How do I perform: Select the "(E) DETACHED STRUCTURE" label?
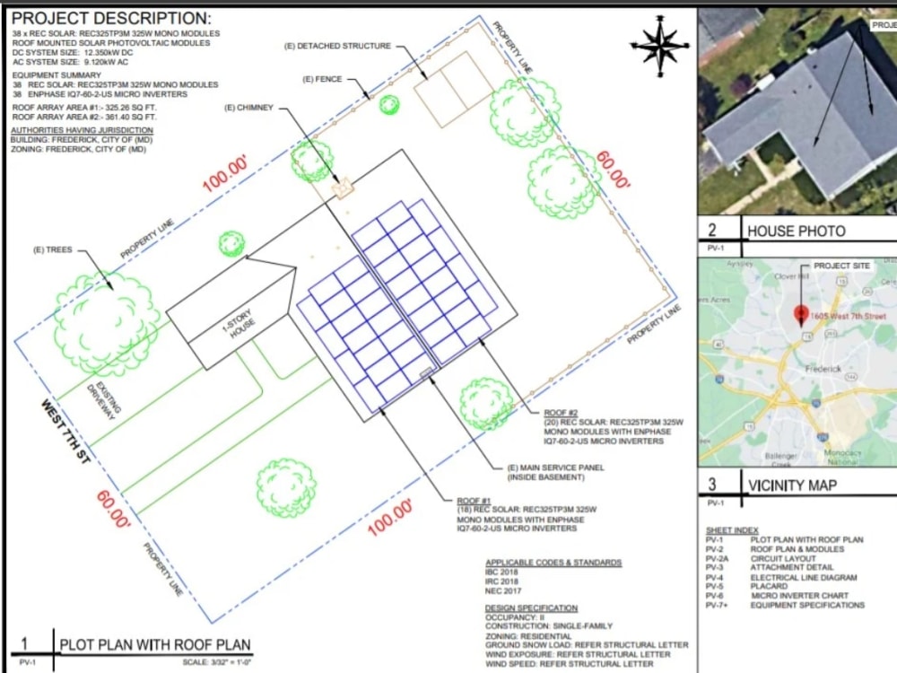(338, 46)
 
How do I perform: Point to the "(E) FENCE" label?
(322, 80)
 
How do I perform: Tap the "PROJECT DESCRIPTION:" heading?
(112, 18)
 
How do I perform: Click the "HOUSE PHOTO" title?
(797, 232)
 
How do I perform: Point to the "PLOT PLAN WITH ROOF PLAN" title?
(155, 644)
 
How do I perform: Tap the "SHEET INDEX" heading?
(731, 530)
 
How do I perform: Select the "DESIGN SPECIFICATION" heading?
(531, 608)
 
